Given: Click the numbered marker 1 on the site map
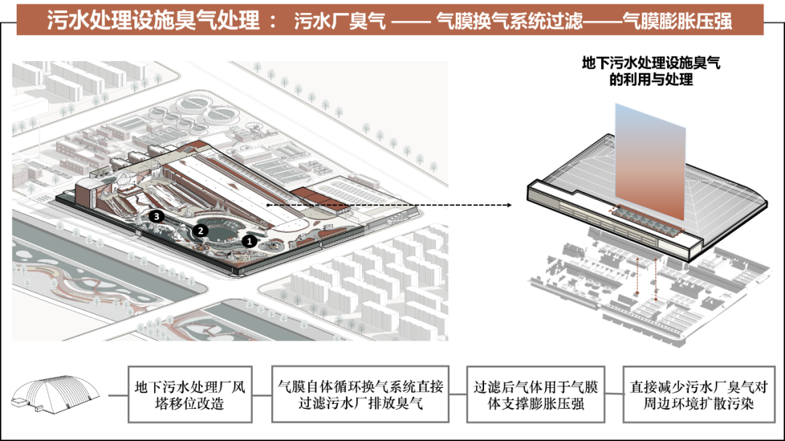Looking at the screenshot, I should pyautogui.click(x=249, y=239).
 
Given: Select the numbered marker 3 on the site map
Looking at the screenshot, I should pyautogui.click(x=155, y=216).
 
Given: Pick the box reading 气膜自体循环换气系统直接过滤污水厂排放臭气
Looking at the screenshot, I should pyautogui.click(x=361, y=395).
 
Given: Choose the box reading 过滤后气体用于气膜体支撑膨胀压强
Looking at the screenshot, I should pyautogui.click(x=535, y=395).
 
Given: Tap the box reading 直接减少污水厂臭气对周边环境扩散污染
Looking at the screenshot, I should pyautogui.click(x=698, y=395).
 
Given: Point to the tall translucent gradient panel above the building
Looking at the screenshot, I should pyautogui.click(x=649, y=160).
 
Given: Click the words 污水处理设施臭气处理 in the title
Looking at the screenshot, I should pyautogui.click(x=153, y=20).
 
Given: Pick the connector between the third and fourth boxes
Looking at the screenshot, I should pyautogui.click(x=614, y=395).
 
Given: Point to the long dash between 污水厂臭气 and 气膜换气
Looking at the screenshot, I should pyautogui.click(x=411, y=22).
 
